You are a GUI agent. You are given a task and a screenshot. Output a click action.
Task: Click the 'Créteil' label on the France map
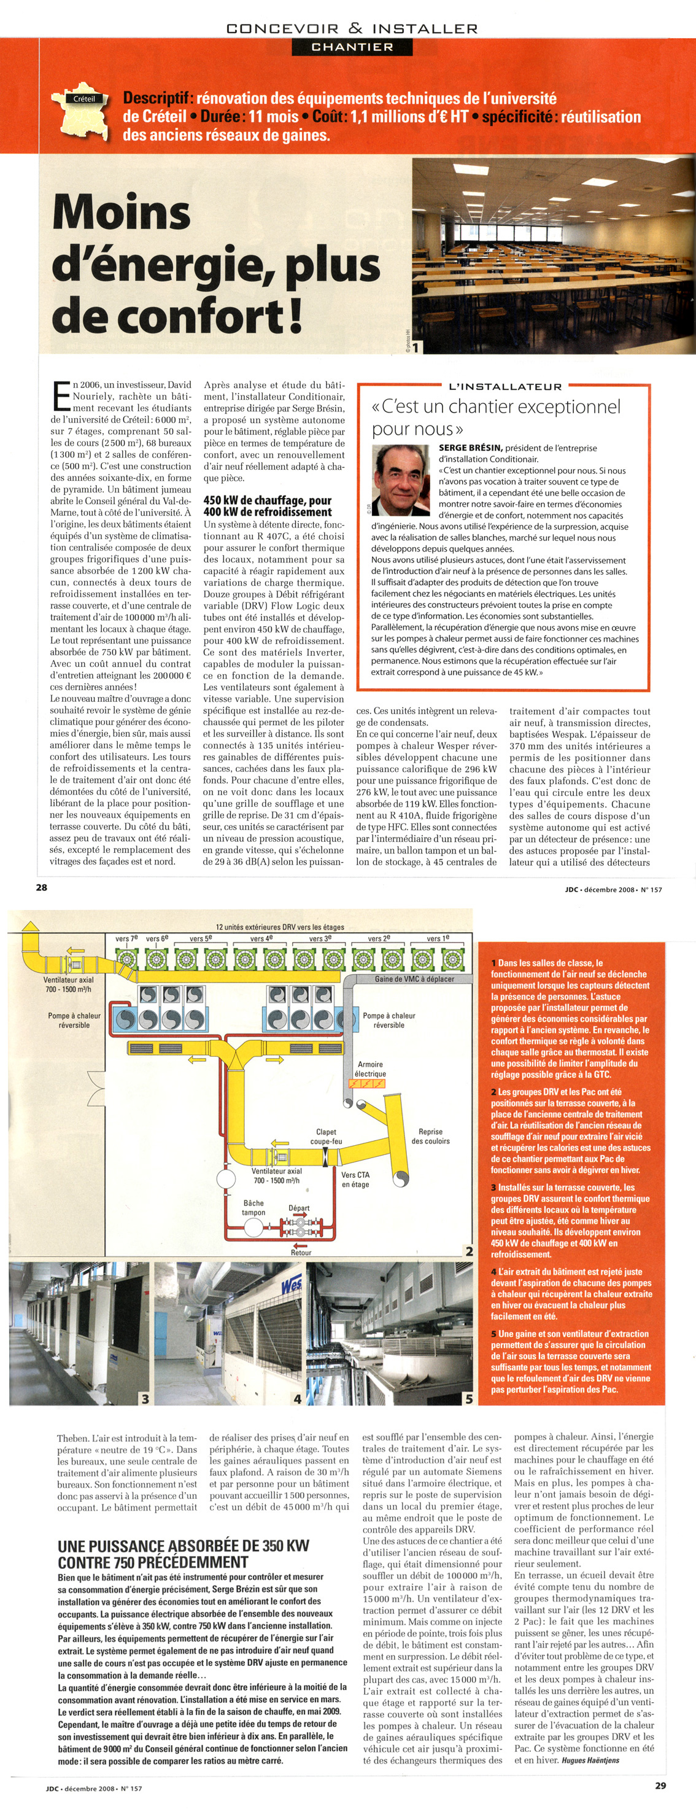[x=83, y=99]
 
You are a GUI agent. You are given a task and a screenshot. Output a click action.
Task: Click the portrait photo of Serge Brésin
[x=401, y=480]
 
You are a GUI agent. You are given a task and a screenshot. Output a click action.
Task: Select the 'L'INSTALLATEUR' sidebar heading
[x=505, y=386]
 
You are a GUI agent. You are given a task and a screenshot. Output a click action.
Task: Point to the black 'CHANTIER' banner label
[x=352, y=47]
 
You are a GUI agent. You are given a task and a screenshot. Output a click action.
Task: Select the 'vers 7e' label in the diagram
[x=126, y=938]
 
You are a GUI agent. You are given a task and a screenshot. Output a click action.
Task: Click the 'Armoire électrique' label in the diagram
[x=369, y=1069]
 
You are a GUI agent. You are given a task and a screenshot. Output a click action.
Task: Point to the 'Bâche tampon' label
[x=253, y=1207]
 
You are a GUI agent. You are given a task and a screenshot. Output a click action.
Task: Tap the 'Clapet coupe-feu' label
[x=327, y=1136]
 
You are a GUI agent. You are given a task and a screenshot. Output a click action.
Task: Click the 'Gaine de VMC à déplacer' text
[x=414, y=978]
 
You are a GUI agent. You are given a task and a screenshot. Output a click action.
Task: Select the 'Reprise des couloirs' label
[x=430, y=1136]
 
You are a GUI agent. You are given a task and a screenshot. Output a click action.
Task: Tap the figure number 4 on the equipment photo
[x=297, y=1398]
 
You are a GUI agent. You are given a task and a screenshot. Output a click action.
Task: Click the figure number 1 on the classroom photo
[x=416, y=347]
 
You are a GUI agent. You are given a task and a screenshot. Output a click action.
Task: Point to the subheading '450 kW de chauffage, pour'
[x=268, y=500]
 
